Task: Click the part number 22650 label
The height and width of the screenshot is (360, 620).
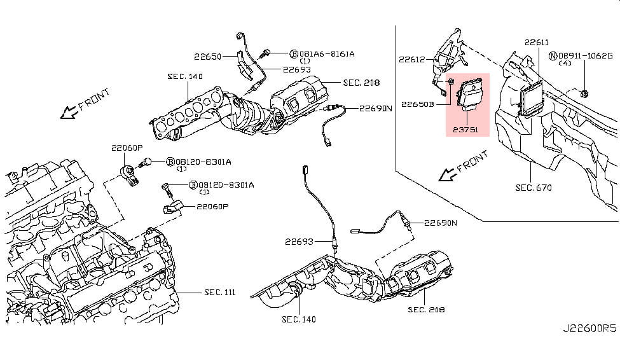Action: pyautogui.click(x=207, y=57)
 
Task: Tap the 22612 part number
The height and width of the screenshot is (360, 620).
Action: pyautogui.click(x=411, y=60)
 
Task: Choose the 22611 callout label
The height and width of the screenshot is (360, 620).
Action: pyautogui.click(x=536, y=43)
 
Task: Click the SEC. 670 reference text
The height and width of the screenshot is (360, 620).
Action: pyautogui.click(x=533, y=188)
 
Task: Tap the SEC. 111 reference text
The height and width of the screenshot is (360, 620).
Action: pyautogui.click(x=219, y=292)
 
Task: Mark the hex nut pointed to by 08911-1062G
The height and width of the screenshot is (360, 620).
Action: pyautogui.click(x=585, y=93)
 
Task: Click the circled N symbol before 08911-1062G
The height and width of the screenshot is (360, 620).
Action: pyautogui.click(x=553, y=56)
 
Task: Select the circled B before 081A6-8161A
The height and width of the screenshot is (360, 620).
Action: pyautogui.click(x=294, y=54)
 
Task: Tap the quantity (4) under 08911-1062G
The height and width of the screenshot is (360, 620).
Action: pyautogui.click(x=565, y=64)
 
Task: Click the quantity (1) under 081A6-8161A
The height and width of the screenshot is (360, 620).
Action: pyautogui.click(x=305, y=61)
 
